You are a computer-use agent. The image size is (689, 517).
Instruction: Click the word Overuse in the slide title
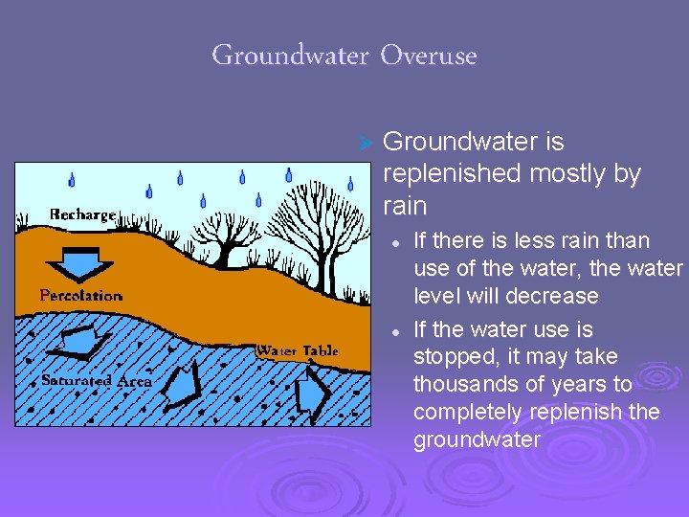point(428,56)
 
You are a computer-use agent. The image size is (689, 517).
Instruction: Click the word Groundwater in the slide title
point(289,56)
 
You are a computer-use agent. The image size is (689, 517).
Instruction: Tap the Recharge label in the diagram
point(83,214)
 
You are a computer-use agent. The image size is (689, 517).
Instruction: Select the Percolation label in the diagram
point(81,296)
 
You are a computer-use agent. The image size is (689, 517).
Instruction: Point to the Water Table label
point(297,350)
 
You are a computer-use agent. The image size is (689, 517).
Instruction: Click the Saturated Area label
point(97,381)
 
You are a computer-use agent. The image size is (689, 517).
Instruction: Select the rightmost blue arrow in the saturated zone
point(312,392)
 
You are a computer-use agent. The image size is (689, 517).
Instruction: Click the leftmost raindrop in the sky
point(72,180)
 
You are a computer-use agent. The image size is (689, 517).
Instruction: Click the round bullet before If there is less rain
point(394,242)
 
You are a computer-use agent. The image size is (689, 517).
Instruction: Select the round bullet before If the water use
point(394,331)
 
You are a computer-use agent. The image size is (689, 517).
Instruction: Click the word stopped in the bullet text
point(449,357)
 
